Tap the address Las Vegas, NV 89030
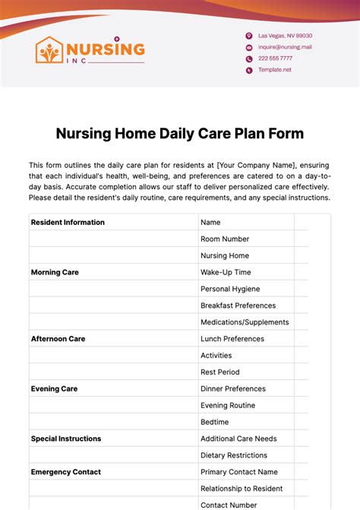tap(285, 36)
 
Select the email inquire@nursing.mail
tap(285, 47)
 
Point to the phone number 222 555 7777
tap(275, 59)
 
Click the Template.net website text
tap(274, 70)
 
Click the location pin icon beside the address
tap(248, 36)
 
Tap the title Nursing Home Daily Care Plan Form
tap(180, 134)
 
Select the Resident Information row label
tap(68, 223)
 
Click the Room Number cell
tap(225, 239)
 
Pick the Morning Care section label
tap(55, 272)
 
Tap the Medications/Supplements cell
tap(245, 322)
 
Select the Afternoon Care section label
tap(58, 339)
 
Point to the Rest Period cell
tap(219, 372)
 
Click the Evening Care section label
tap(54, 389)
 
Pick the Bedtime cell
tap(214, 422)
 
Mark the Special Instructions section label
tap(66, 439)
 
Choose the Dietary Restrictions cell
tap(234, 455)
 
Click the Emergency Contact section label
tap(65, 472)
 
